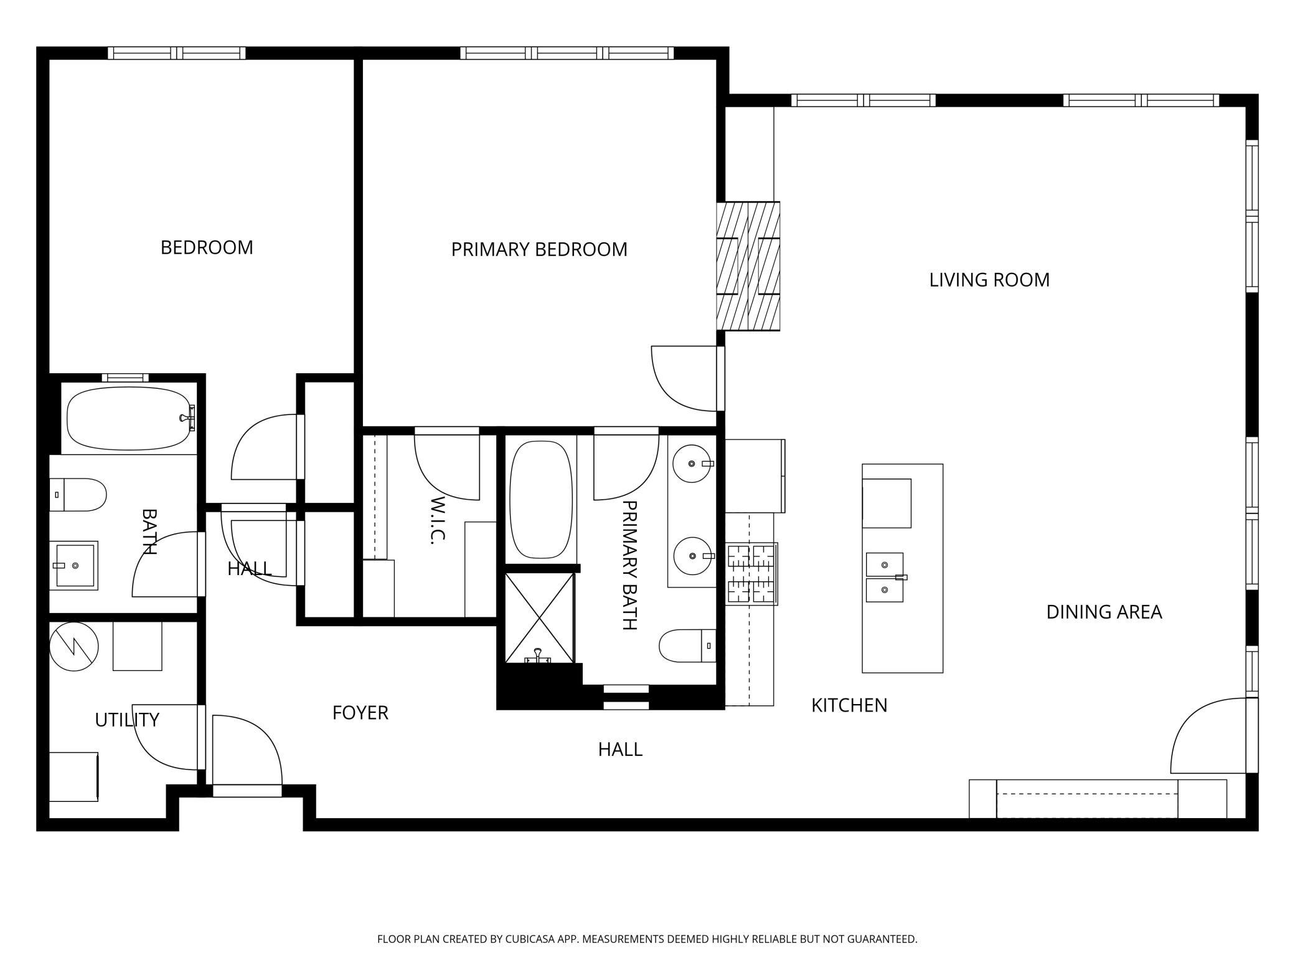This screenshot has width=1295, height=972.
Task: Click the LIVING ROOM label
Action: [x=989, y=280]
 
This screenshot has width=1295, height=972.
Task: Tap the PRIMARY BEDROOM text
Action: [x=539, y=249]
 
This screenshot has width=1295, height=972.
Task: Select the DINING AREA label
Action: [x=1104, y=612]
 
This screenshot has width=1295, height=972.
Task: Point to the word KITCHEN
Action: [x=849, y=705]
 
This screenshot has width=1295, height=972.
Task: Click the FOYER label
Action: [x=360, y=713]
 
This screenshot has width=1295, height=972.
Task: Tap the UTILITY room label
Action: [x=127, y=720]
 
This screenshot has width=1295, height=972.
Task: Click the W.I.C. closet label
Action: [x=438, y=520]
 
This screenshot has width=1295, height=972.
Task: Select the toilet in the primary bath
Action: [x=687, y=646]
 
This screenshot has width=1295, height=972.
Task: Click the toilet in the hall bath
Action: [x=78, y=495]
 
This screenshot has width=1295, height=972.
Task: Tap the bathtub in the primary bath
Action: [x=540, y=500]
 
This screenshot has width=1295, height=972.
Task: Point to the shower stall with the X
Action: [x=539, y=618]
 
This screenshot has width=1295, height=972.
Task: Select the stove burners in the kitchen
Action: [x=752, y=574]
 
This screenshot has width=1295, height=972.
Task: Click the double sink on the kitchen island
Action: [x=885, y=578]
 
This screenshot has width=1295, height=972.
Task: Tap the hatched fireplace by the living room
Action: [x=748, y=266]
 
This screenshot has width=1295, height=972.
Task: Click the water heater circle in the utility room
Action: [x=74, y=647]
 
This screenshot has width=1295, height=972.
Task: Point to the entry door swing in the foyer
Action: [x=247, y=750]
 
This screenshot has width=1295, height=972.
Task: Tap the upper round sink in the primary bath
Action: [x=692, y=464]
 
